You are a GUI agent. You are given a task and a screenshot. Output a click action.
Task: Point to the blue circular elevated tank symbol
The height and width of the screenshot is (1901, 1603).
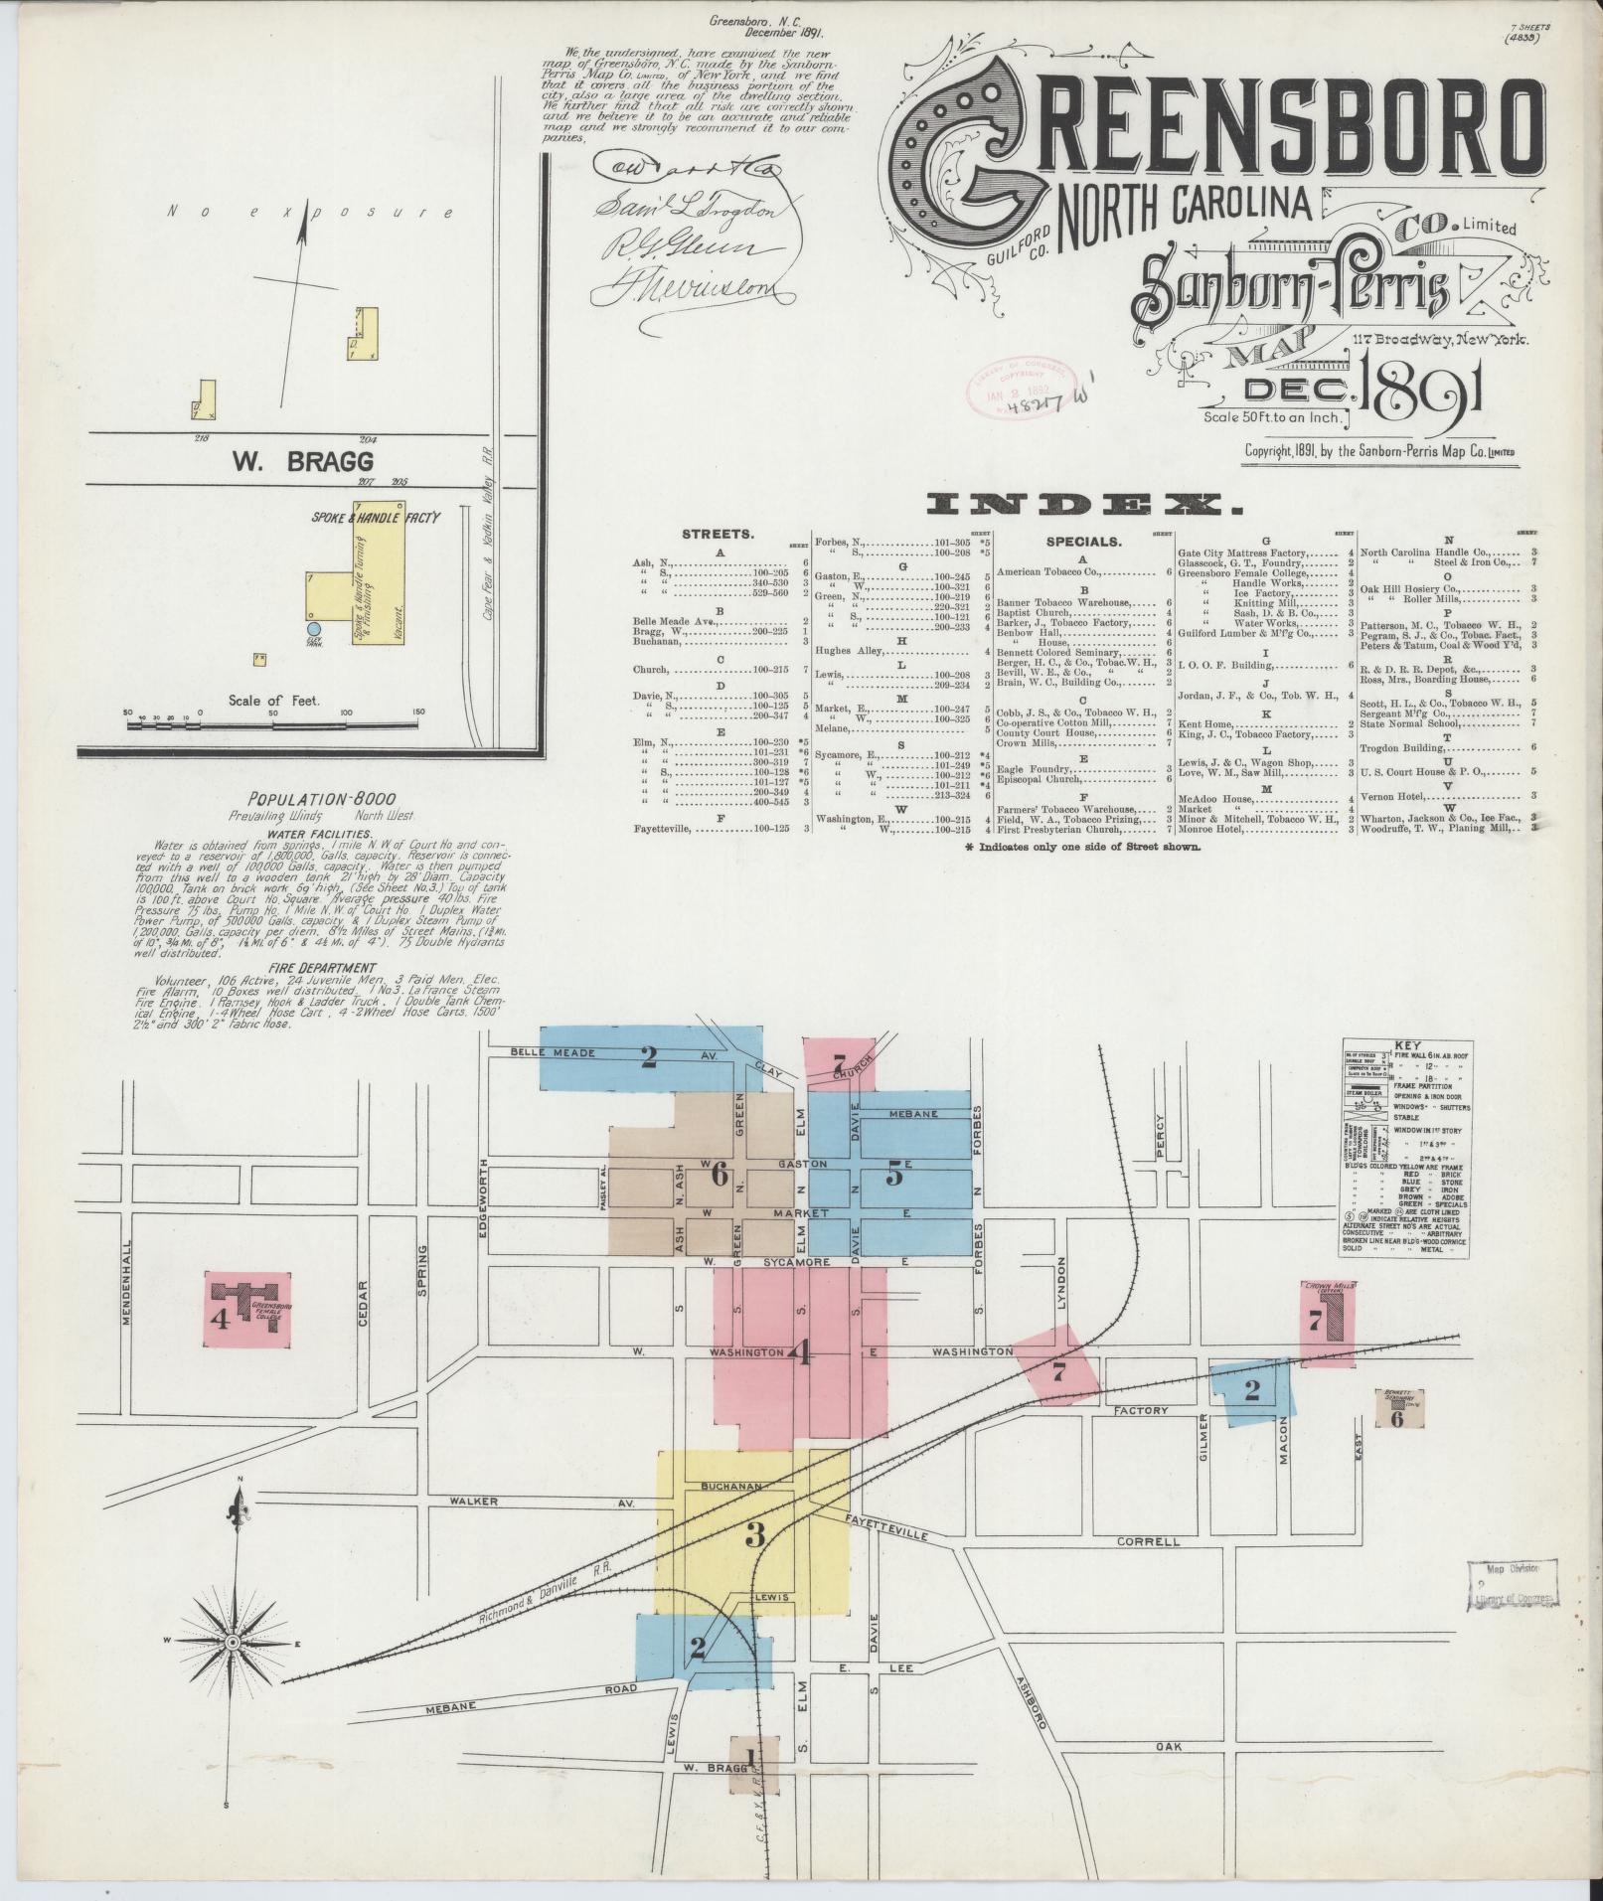[x=314, y=629]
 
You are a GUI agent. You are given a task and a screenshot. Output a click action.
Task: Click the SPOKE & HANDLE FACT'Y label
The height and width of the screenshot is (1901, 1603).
[x=376, y=518]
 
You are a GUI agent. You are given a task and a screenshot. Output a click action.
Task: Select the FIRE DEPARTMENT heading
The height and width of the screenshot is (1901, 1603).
[x=327, y=967]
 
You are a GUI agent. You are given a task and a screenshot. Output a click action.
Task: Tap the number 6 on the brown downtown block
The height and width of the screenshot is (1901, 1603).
[x=720, y=1175]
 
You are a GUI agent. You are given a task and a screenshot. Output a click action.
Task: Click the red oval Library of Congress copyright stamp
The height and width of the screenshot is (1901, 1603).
[x=1018, y=391]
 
